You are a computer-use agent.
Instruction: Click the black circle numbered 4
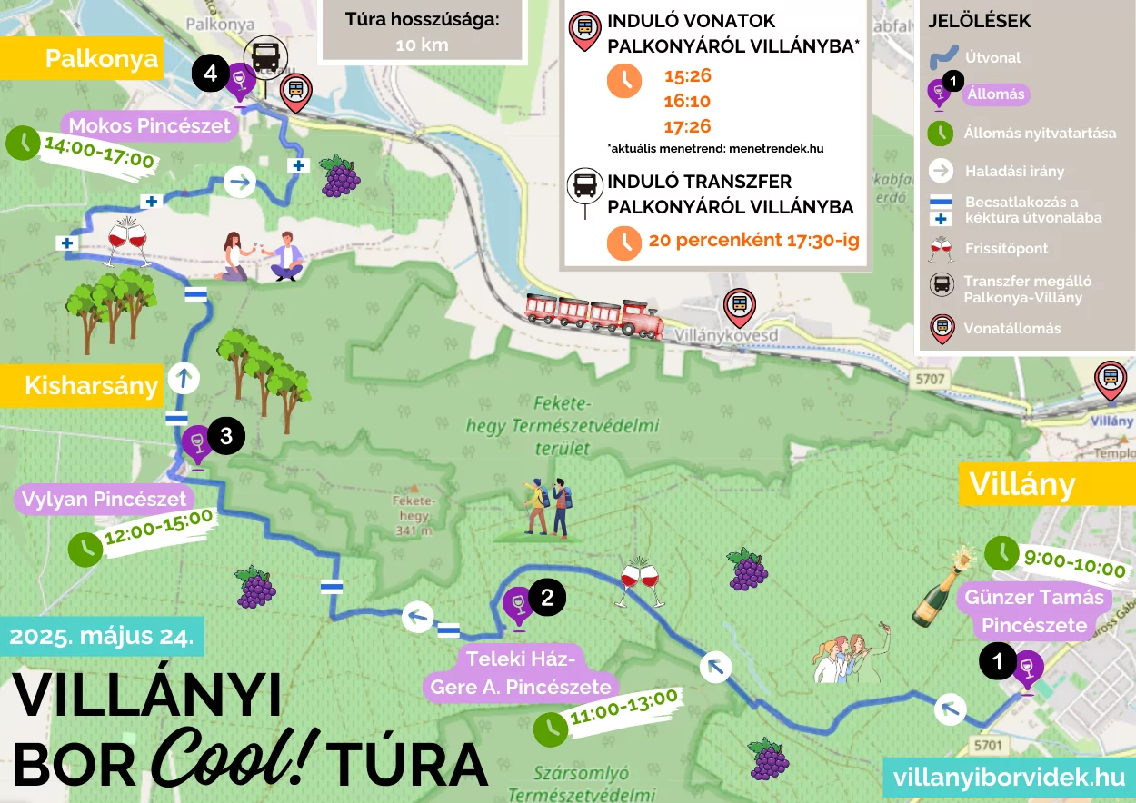(x=210, y=74)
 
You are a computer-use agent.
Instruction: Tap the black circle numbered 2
(x=547, y=597)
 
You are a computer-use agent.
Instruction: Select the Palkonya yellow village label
(x=101, y=60)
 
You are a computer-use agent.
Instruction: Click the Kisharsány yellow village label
(x=91, y=385)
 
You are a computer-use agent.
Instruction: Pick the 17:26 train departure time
(x=687, y=126)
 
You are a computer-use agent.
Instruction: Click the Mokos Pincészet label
(x=150, y=126)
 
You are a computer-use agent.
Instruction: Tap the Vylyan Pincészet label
(x=104, y=499)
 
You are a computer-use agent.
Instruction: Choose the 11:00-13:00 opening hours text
(x=624, y=712)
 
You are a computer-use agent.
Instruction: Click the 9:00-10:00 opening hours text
(x=1074, y=569)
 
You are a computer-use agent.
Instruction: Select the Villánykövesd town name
(x=729, y=334)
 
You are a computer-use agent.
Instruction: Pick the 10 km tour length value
(x=422, y=45)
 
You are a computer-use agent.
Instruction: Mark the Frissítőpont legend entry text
(x=1006, y=248)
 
